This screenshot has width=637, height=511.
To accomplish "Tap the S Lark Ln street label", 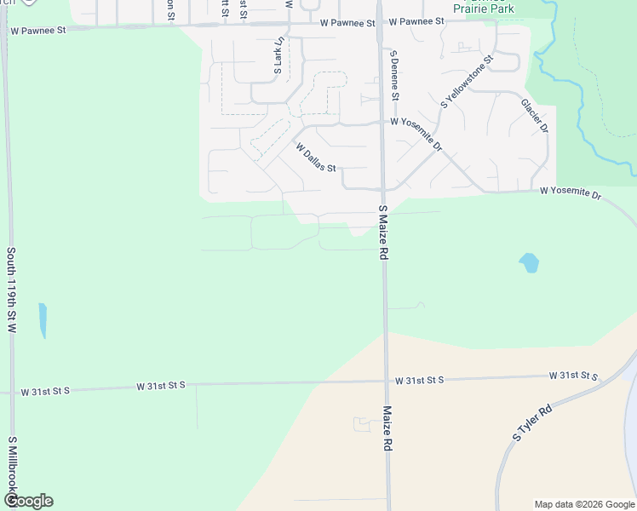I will click(x=278, y=58).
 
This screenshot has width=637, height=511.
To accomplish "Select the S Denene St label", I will click(x=394, y=75).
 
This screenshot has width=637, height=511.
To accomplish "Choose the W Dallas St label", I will click(x=317, y=157).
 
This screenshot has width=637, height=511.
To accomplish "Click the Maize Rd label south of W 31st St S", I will click(x=387, y=428).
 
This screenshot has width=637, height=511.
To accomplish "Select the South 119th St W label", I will click(x=12, y=290).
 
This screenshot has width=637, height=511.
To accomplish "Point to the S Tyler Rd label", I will click(x=533, y=422).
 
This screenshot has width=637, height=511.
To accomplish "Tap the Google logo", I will click(x=28, y=501).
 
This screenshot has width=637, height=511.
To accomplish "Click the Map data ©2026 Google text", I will click(x=583, y=504).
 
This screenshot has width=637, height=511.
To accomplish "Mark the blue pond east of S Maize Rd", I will click(x=529, y=262).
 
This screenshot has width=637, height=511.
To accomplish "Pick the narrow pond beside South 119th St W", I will click(x=43, y=320).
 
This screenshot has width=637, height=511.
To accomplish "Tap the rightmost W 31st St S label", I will click(x=574, y=376).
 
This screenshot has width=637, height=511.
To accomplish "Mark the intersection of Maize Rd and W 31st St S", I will click(x=386, y=381).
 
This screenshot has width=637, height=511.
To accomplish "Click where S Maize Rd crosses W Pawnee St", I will click(x=380, y=24).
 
